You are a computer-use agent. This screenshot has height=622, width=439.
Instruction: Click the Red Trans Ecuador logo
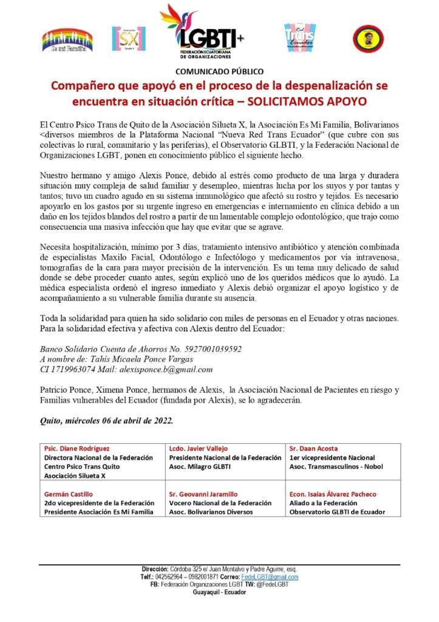coord(299,38)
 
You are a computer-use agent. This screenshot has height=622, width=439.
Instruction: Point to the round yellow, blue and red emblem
coord(368,38)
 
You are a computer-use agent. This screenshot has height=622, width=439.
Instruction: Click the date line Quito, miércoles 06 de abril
coord(106,420)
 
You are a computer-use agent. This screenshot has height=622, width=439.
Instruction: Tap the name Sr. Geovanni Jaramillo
coord(203,494)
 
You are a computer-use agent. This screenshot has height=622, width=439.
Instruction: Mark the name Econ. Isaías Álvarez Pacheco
coord(332,494)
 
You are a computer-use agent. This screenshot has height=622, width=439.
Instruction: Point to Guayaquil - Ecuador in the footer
coord(219,592)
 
